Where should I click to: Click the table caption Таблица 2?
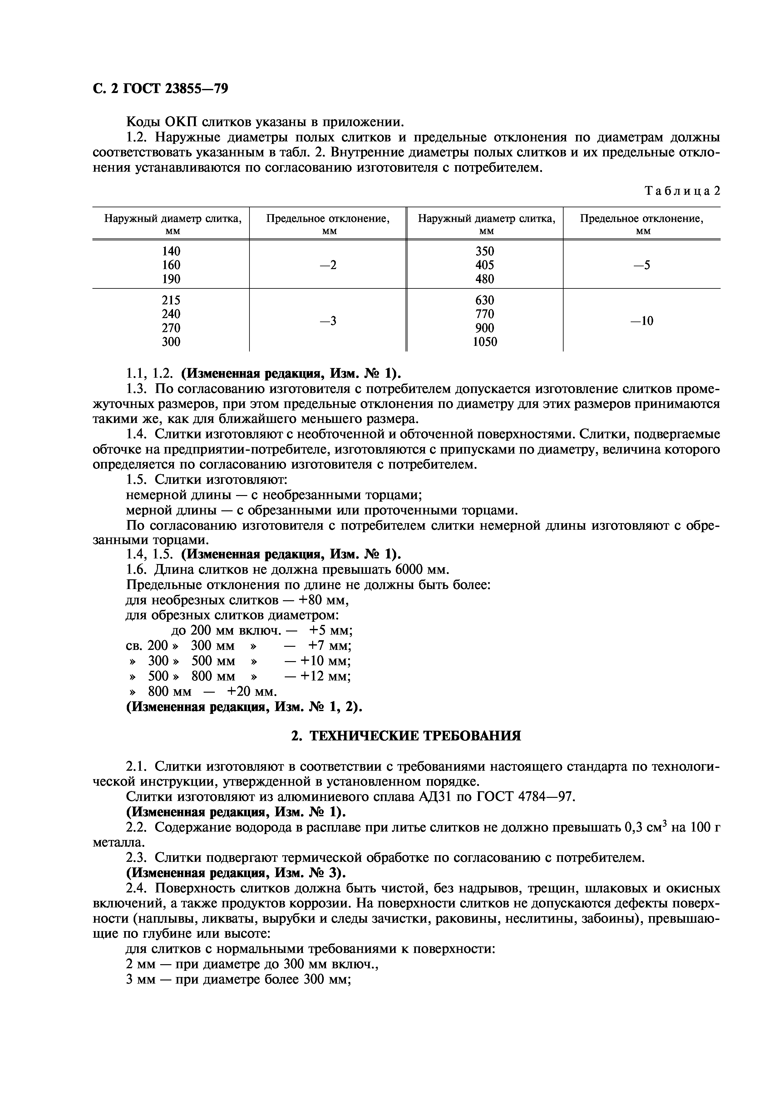pos(682,191)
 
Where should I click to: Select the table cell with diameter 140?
pos(171,251)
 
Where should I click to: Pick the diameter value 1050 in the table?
pos(485,341)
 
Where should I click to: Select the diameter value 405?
pos(485,265)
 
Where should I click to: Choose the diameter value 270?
pos(171,328)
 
